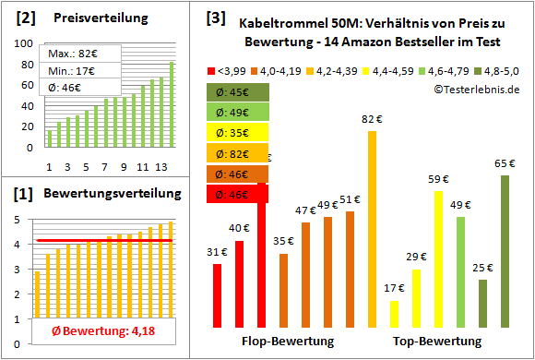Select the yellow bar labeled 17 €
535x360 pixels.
pyautogui.click(x=394, y=314)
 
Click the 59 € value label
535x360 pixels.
pyautogui.click(x=438, y=180)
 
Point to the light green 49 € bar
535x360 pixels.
pyautogui.click(x=460, y=272)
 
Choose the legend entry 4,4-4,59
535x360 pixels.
pyautogui.click(x=390, y=68)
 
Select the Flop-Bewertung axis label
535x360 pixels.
pyautogui.click(x=287, y=342)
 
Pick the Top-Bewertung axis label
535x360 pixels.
pyautogui.click(x=437, y=342)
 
